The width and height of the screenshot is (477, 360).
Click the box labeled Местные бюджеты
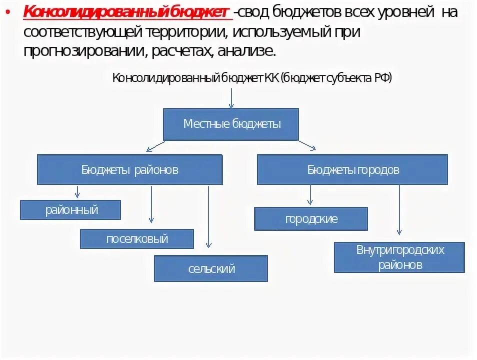tap(231, 124)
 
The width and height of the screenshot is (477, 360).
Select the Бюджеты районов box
tap(129, 170)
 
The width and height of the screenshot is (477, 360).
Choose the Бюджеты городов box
tap(352, 170)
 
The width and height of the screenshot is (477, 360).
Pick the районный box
tap(71, 210)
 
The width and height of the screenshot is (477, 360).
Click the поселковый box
tap(136, 239)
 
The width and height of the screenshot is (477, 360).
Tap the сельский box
tap(210, 269)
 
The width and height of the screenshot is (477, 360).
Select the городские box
tap(311, 219)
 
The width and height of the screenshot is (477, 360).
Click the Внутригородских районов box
tap(399, 257)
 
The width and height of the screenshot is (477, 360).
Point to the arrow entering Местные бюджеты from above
tap(231, 98)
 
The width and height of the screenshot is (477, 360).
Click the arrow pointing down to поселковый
tap(151, 205)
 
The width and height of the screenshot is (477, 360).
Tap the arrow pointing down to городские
tap(310, 195)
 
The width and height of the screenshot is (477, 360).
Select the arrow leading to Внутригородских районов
tap(399, 210)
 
